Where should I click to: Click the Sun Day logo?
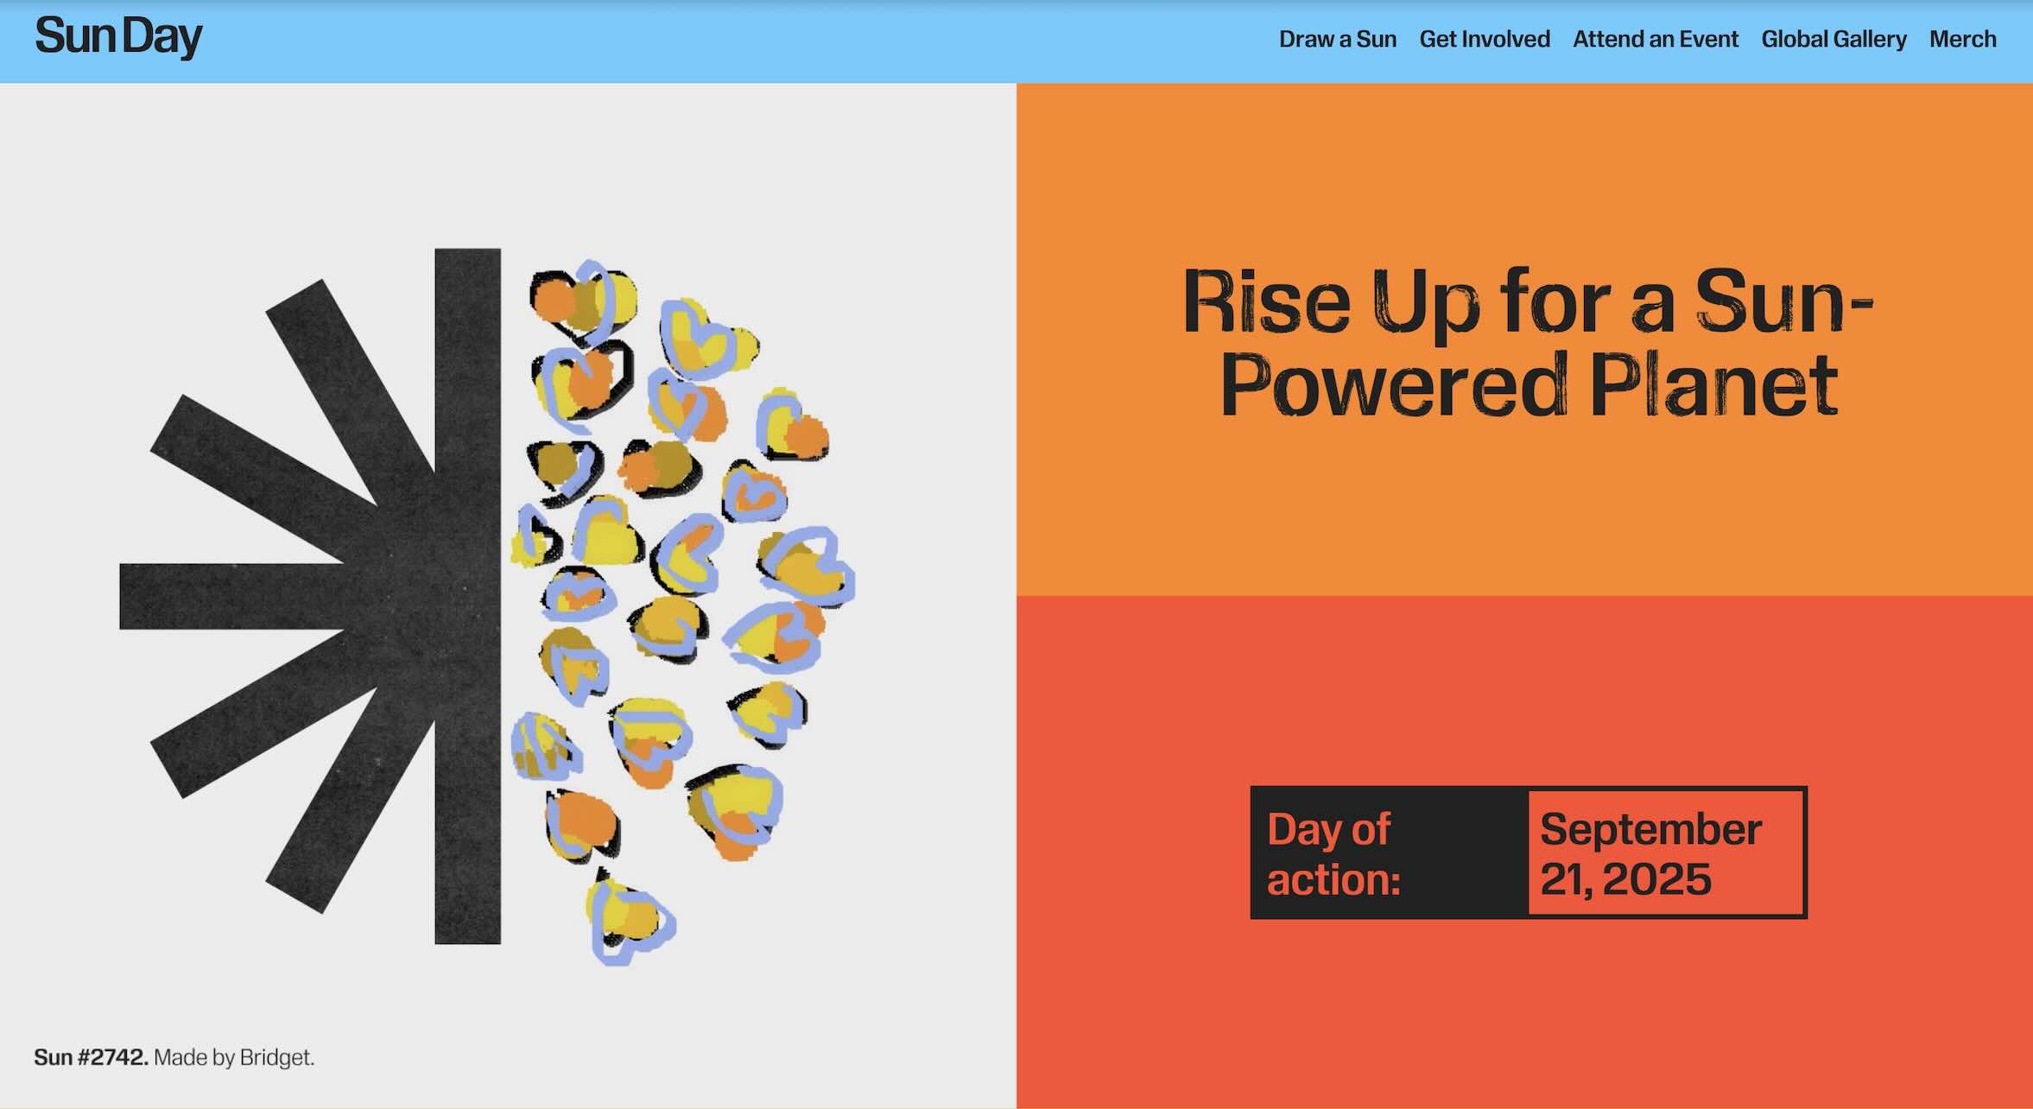click(118, 37)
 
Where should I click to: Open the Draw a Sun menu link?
click(1337, 39)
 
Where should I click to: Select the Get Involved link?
click(1485, 39)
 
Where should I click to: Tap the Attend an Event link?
click(1656, 39)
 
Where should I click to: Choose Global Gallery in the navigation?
click(1833, 39)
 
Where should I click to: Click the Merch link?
click(1962, 39)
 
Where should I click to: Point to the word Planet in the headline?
click(1714, 384)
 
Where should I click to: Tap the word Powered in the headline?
click(1394, 384)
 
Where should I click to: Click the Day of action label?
click(1333, 853)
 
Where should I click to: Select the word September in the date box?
click(1650, 829)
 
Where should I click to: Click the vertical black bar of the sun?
click(467, 596)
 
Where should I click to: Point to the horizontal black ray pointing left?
click(233, 596)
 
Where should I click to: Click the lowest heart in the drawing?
click(630, 919)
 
